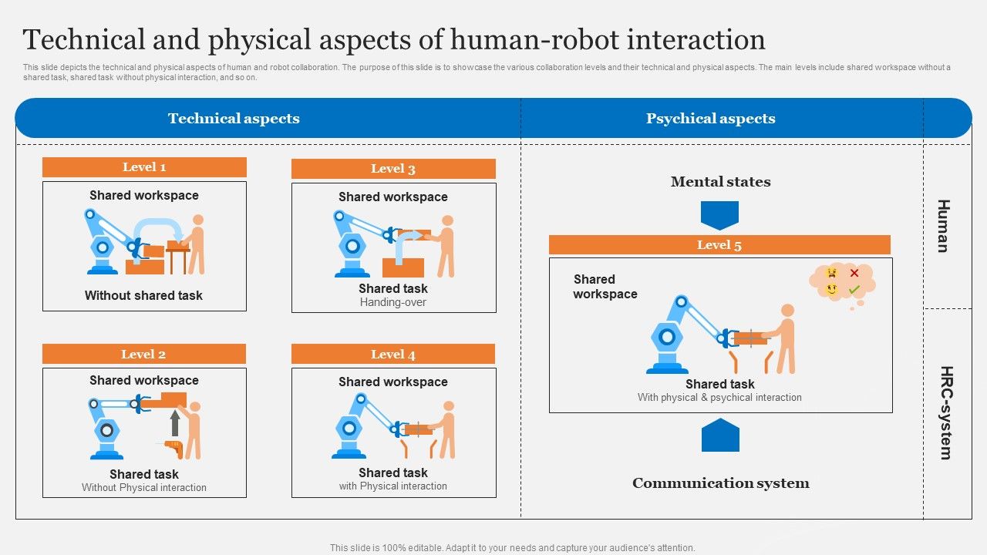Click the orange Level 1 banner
(x=144, y=167)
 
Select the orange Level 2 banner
(x=143, y=355)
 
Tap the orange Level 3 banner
(x=393, y=169)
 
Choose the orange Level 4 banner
(x=393, y=355)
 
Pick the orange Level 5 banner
(x=719, y=245)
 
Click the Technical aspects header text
(x=234, y=119)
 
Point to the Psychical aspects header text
(x=710, y=119)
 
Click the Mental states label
(x=720, y=182)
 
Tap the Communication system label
(x=720, y=483)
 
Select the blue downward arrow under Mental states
(x=719, y=215)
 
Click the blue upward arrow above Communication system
(x=720, y=436)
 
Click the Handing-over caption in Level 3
(x=393, y=302)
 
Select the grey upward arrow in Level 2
(x=176, y=423)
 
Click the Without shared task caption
(x=143, y=295)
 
